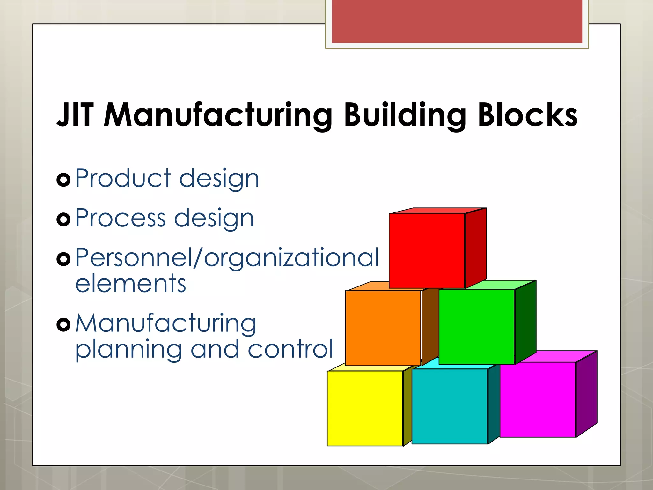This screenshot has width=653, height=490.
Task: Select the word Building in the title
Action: pos(405,115)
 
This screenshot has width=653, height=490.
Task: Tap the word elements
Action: pos(130,284)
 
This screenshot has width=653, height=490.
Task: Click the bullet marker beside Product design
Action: pos(63,180)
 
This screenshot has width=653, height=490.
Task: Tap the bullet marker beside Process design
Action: pos(63,219)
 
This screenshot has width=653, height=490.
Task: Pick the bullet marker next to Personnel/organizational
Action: pos(63,259)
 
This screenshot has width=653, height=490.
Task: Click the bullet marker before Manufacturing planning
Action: pos(63,325)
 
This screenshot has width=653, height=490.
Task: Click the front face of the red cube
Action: pos(427,251)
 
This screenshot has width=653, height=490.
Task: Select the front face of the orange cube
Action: pos(383,328)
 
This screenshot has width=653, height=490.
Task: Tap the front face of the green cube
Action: pos(476,327)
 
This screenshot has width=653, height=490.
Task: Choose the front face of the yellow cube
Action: pos(365,408)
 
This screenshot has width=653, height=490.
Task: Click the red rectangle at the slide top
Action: pos(457,21)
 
